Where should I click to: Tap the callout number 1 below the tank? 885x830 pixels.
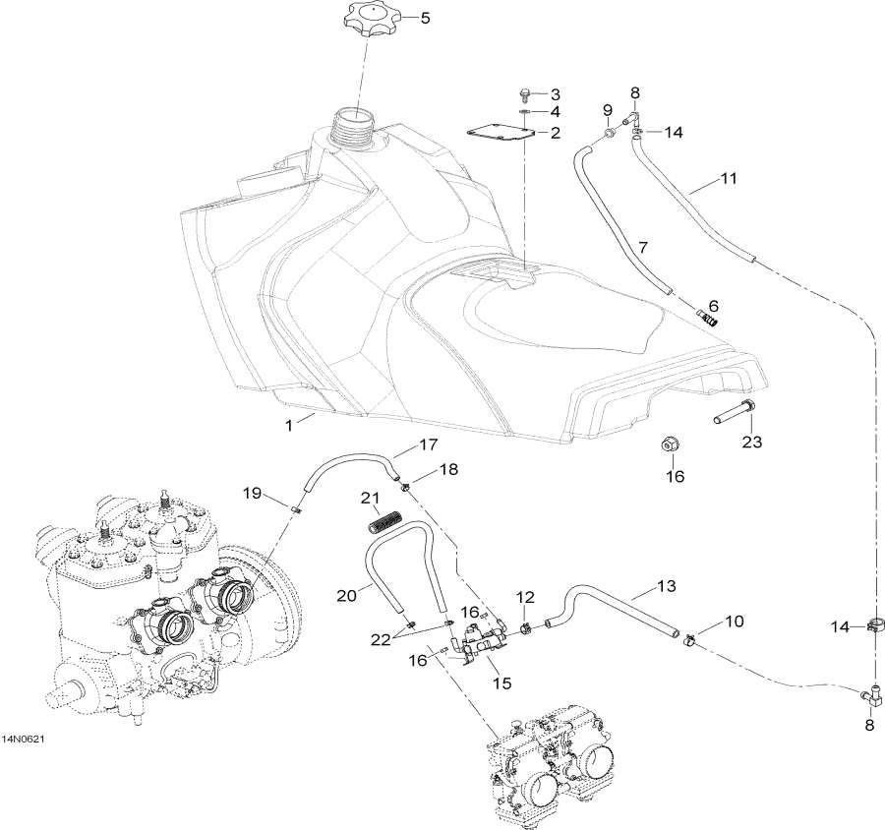(x=289, y=425)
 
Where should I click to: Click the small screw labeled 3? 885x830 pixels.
(x=525, y=94)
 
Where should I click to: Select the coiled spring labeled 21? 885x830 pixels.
(x=387, y=518)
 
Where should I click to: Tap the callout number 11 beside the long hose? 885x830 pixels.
(x=701, y=179)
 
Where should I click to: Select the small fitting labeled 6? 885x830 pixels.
(x=708, y=316)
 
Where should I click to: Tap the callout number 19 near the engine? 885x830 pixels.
(x=251, y=493)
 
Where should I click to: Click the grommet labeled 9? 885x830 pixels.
(x=610, y=130)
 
